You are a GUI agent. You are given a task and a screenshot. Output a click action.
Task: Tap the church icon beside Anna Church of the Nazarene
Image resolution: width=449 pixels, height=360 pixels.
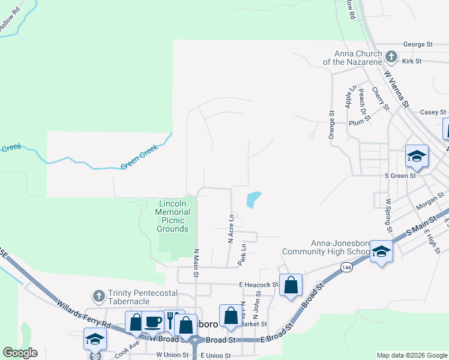pos(391,57)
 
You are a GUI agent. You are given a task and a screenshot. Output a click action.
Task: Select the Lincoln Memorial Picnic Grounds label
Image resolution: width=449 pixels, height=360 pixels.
pos(173,216)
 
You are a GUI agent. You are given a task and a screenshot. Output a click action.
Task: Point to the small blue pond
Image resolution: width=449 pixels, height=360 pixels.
pos(253,199)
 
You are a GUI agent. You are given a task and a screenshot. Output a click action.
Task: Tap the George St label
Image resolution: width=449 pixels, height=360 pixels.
pos(418,44)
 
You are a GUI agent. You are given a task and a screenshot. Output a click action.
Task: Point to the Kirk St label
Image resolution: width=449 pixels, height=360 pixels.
pos(412,61)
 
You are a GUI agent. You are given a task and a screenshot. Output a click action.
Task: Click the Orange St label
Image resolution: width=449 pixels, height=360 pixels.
pos(331,125)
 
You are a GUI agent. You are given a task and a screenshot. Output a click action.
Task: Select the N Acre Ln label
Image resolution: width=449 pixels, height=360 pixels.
pos(230,228)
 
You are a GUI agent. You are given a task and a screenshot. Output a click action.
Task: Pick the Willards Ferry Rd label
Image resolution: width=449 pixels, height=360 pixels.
pos(84,316)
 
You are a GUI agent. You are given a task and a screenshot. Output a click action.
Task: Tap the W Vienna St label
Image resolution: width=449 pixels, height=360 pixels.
pos(396,89)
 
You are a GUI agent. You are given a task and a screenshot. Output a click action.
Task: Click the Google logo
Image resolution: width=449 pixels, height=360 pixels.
pos(20,353)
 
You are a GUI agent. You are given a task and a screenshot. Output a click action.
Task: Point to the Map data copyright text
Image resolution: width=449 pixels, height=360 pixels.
pos(411,355)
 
